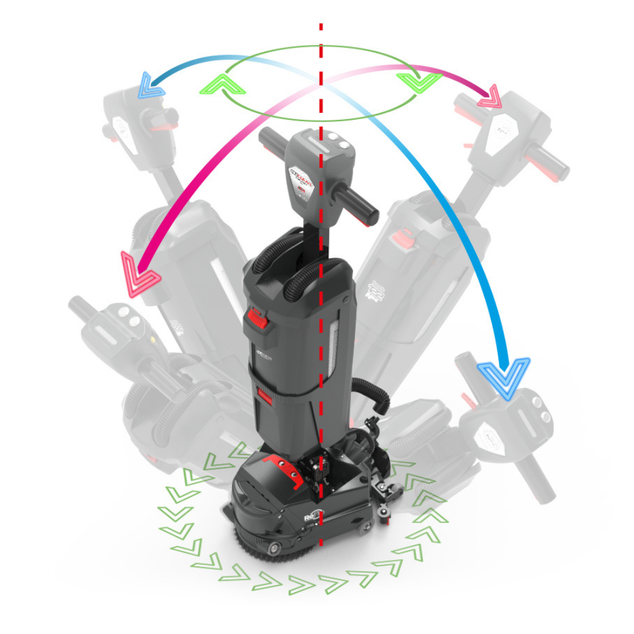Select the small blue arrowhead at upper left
(x=151, y=85)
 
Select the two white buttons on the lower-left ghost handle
(x=127, y=321)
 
